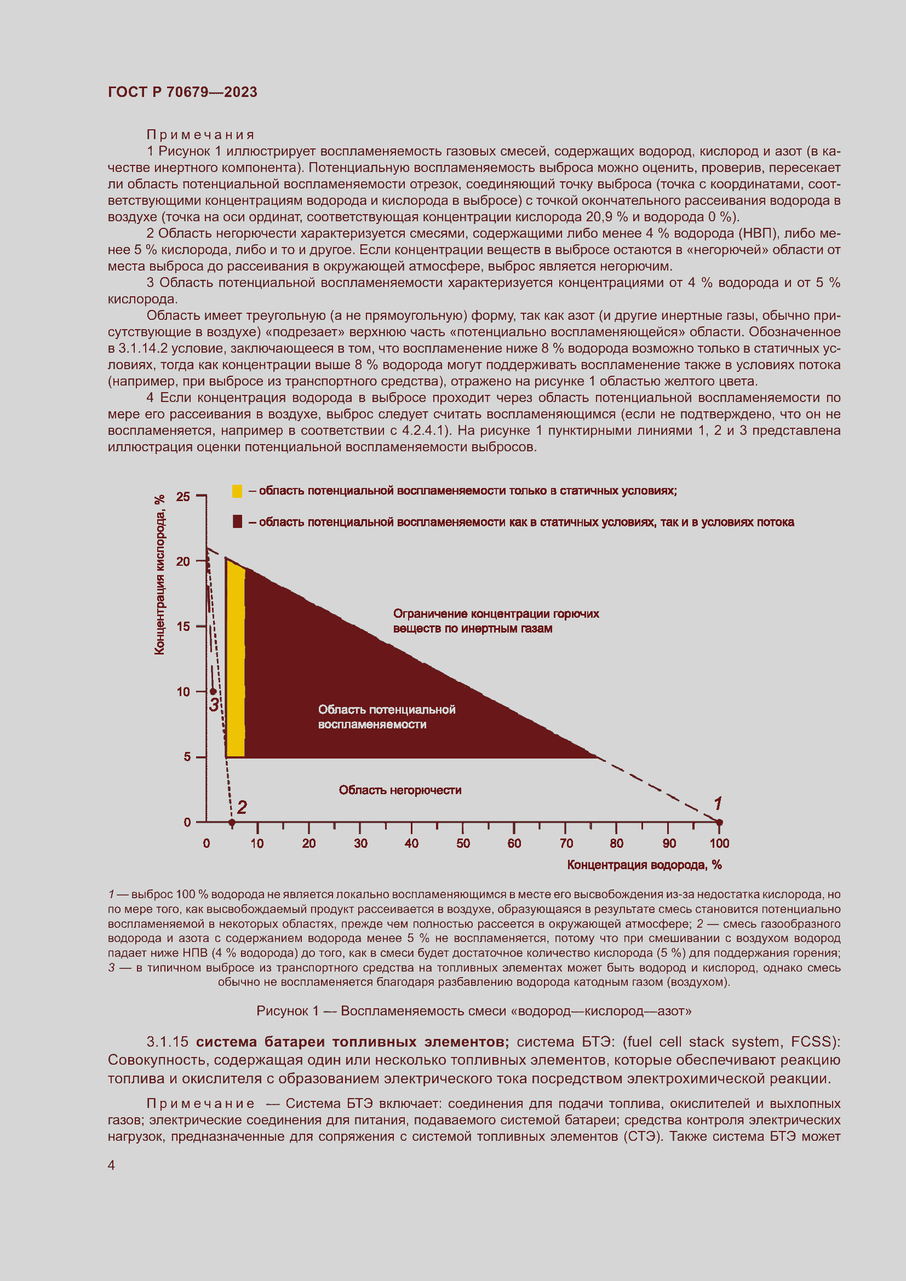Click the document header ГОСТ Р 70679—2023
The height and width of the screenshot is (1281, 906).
tap(182, 92)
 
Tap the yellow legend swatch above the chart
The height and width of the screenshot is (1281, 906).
tap(237, 491)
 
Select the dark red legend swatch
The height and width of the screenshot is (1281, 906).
tap(237, 522)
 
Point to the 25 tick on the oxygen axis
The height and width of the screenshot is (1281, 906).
tap(183, 496)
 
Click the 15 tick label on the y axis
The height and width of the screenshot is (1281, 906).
tap(183, 627)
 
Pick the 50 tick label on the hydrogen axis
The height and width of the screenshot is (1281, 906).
tap(463, 843)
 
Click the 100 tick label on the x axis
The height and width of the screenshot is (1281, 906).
tap(719, 843)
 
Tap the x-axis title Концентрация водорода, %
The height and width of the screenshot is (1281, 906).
tap(644, 865)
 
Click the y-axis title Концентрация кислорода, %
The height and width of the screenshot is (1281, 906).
tap(159, 575)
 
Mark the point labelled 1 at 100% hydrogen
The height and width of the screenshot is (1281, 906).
tap(719, 823)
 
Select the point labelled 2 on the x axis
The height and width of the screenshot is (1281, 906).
tap(232, 823)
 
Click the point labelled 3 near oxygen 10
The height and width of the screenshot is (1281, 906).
tap(213, 691)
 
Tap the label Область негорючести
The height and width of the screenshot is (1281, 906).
tap(400, 790)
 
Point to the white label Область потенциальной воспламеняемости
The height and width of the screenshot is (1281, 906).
tap(386, 717)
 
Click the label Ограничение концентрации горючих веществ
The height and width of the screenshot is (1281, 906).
tap(495, 621)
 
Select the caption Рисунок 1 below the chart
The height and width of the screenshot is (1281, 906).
tap(474, 1011)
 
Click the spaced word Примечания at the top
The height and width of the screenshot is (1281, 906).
tap(200, 135)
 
